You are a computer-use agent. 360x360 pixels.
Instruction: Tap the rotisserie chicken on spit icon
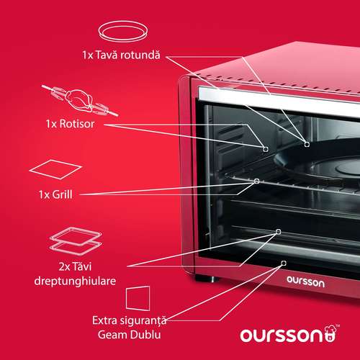point(80,100)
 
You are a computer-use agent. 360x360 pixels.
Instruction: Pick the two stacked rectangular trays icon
point(76,241)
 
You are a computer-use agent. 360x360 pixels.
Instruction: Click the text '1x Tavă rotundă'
point(121,55)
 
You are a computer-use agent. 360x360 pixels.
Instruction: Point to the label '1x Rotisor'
point(70,124)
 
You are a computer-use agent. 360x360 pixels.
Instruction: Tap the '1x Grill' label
point(55,194)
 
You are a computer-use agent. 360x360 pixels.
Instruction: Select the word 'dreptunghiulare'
point(75,281)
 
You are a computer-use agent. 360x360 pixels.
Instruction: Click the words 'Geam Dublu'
point(129,335)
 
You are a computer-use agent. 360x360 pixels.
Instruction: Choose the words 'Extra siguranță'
point(130,320)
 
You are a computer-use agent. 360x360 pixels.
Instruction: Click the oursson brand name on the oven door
point(306,282)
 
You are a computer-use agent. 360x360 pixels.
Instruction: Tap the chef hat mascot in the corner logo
point(331,333)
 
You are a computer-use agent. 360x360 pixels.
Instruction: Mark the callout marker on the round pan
point(307,144)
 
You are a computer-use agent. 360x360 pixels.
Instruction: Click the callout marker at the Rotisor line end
point(266,149)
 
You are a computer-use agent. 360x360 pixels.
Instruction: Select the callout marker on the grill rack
point(257,181)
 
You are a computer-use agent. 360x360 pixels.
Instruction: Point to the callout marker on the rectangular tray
point(279,231)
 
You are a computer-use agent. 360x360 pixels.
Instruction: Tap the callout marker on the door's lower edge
point(284,264)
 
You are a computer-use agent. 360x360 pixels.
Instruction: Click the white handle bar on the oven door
point(279,102)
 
